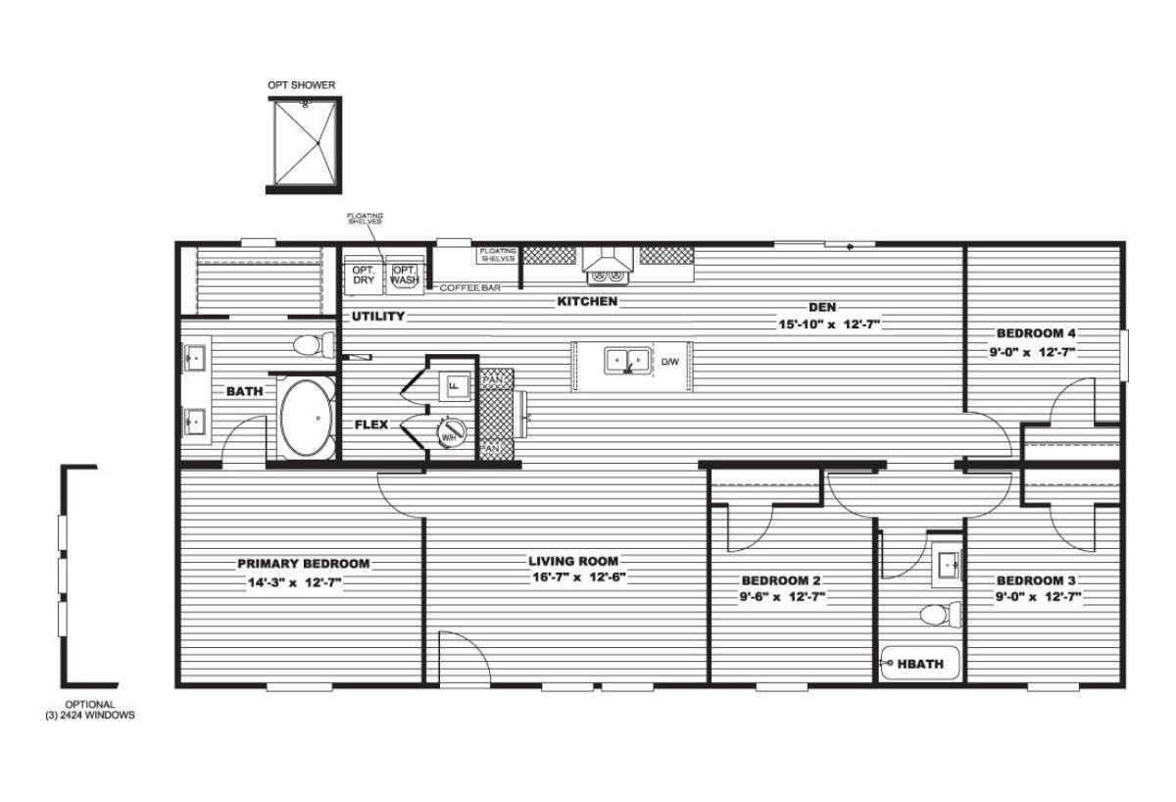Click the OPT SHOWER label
tap(302, 85)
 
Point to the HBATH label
tap(920, 664)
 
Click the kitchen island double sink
tap(627, 362)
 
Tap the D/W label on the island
tap(670, 362)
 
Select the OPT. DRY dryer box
tap(364, 275)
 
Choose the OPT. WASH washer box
tap(404, 275)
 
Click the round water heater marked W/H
tap(451, 432)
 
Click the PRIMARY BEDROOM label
tap(304, 564)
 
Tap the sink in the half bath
tap(948, 564)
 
